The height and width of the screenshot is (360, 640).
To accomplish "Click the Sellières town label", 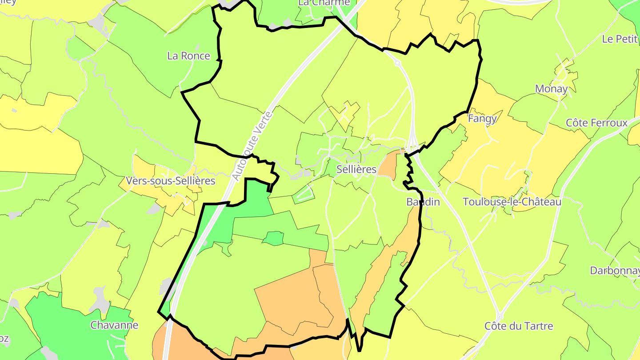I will [356, 169].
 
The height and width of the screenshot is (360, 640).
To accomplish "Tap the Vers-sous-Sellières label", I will [171, 181].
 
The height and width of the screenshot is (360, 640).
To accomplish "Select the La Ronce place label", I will [188, 56].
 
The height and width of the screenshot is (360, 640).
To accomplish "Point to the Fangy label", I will [482, 119].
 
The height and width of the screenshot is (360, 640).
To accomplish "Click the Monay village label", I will [552, 89].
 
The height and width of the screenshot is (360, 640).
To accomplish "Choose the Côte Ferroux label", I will [596, 123].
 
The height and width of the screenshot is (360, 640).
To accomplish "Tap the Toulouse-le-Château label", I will [512, 202].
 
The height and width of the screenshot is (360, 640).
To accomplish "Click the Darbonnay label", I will [615, 270].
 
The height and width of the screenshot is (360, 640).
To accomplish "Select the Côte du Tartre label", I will [519, 326].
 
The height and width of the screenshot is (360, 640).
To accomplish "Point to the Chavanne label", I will [114, 325].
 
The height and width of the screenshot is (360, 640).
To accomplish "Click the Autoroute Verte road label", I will [252, 147].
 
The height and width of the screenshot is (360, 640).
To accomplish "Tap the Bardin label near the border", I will [423, 202].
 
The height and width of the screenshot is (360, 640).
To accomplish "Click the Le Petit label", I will [620, 39].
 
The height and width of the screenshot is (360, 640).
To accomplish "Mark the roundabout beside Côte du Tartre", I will [500, 317].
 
